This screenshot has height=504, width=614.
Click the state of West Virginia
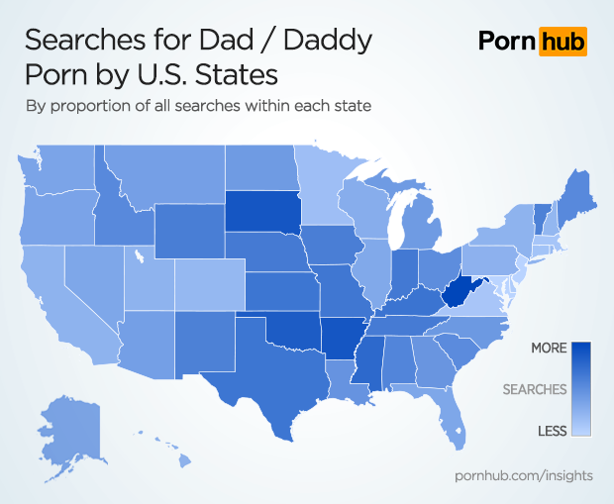(457, 293)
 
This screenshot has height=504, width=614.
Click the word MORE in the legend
(549, 349)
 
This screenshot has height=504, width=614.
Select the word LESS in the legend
(552, 430)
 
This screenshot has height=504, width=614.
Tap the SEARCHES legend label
(535, 389)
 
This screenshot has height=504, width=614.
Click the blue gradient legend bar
(581, 389)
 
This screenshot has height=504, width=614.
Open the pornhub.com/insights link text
(523, 476)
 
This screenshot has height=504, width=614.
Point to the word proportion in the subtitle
(94, 106)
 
